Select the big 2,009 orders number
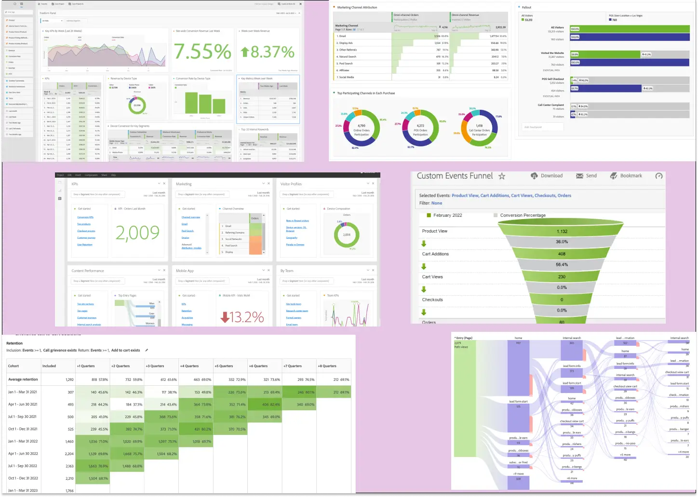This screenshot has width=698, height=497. coord(137,233)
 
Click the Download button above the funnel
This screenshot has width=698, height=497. coord(547,176)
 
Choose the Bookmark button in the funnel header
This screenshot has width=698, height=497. coord(626,176)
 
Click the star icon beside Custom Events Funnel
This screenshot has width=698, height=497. coord(502,176)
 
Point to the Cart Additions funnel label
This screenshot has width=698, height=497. coord(435,254)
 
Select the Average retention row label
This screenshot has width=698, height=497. coord(23,379)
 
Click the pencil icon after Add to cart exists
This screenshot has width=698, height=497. coord(147,350)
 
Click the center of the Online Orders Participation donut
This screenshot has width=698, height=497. coord(362,130)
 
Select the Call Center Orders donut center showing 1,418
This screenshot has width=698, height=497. coord(479,130)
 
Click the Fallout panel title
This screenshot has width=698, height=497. coord(526,7)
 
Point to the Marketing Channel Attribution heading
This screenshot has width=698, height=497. coord(357,7)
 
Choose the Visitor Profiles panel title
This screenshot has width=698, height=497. coord(291,184)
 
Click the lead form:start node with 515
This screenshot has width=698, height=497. coord(518,405)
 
